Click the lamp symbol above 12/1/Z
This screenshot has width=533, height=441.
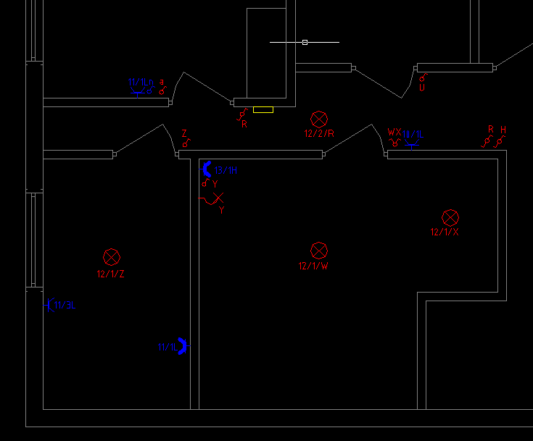tap(111, 256)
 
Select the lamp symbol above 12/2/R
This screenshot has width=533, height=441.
tap(319, 119)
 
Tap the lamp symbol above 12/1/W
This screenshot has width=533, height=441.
tap(319, 251)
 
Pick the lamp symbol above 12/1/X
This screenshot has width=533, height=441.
tap(450, 217)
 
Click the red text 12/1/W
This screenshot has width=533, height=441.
tap(313, 266)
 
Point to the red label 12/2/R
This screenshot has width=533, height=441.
tap(319, 133)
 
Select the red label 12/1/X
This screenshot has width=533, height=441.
tap(445, 232)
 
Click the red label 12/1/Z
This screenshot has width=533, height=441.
tap(111, 274)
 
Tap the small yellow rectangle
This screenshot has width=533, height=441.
tap(263, 110)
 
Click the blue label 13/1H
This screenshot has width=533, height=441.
tap(226, 170)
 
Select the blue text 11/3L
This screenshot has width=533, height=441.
tap(65, 305)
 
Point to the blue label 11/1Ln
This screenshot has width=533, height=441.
tap(141, 83)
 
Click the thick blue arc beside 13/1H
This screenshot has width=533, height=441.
tap(207, 169)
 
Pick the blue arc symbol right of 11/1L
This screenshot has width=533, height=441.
tap(183, 346)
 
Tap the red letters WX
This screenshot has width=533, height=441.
tap(394, 133)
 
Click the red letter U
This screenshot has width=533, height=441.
tap(422, 88)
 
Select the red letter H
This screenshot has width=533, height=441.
tap(503, 130)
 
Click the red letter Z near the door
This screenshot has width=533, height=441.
tap(184, 134)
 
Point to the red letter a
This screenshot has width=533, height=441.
tap(162, 82)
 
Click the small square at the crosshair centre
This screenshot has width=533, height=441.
tap(305, 42)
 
